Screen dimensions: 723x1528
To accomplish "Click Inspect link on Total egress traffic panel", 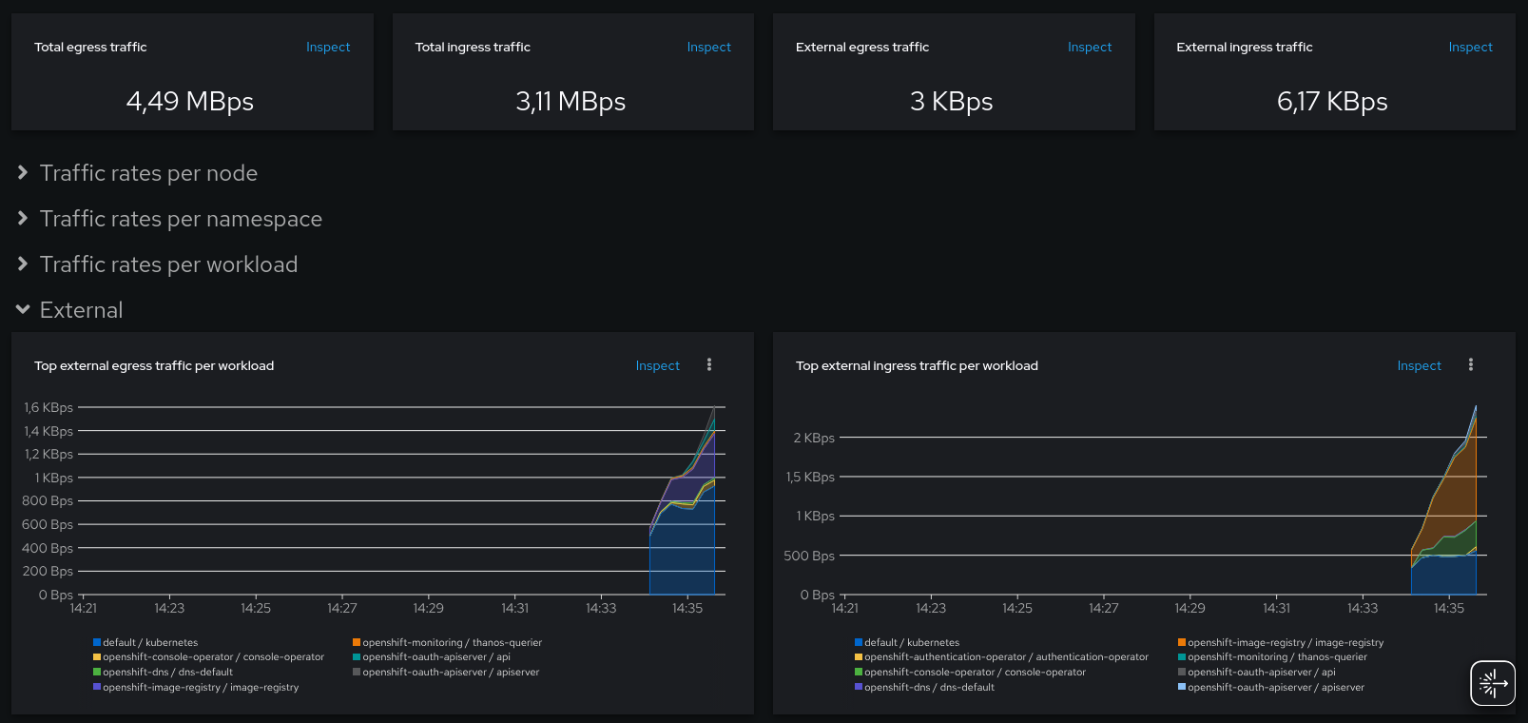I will click(327, 48).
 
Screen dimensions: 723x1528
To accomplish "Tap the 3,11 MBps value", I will click(571, 102).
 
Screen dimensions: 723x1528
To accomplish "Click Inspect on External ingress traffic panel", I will click(1469, 48).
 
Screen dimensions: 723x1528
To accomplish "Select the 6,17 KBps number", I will click(1331, 102).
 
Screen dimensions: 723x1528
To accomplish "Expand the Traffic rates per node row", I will click(148, 173).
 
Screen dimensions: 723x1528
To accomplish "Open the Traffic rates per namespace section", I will click(181, 219).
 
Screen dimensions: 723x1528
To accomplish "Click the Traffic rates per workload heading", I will click(168, 264).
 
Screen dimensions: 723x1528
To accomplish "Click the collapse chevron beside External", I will click(23, 310).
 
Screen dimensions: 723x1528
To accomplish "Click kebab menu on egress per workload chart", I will click(709, 365).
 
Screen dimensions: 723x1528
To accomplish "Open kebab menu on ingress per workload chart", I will click(1470, 365).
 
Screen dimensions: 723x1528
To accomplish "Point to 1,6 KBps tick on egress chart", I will click(48, 408).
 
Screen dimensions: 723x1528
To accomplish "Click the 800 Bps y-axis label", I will click(48, 501).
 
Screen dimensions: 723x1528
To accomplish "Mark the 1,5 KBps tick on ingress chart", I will click(810, 478).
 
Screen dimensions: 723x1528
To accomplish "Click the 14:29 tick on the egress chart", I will click(428, 609).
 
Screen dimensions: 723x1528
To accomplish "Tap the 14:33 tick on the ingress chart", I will click(1362, 609).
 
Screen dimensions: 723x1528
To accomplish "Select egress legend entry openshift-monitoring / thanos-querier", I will click(451, 643).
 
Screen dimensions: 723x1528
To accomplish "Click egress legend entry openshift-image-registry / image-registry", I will click(200, 688).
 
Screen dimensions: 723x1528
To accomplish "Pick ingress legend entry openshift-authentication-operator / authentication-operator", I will click(1005, 657).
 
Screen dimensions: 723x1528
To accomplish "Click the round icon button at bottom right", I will click(1492, 683).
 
